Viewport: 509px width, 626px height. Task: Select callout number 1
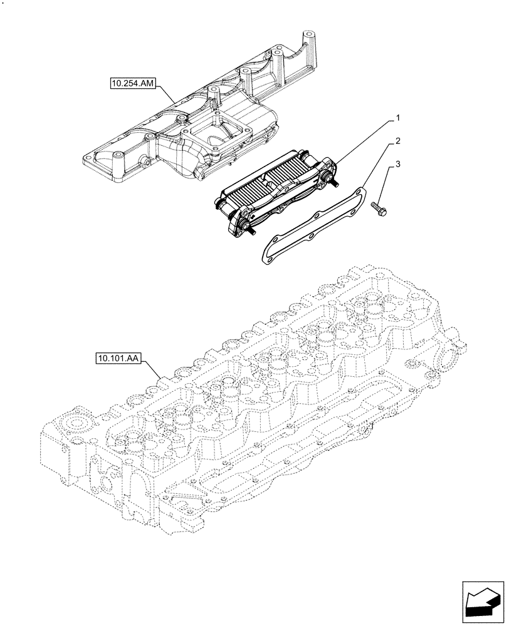click(397, 118)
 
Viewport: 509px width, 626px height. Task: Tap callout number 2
click(397, 143)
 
